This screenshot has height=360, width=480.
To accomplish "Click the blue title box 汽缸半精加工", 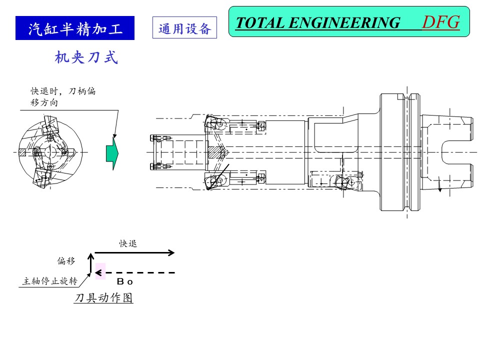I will click(x=75, y=28).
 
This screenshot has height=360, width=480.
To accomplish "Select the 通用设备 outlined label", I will click(x=184, y=28).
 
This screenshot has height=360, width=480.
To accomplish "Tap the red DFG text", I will click(x=440, y=22).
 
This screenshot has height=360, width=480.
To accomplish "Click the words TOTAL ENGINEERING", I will click(x=317, y=23).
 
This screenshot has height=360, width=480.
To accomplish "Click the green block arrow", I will click(x=113, y=152).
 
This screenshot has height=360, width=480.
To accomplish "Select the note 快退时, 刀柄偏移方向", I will click(x=63, y=96).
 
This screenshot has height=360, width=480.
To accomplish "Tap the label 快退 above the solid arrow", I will click(x=128, y=243).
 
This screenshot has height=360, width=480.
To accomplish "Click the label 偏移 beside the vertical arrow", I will click(x=66, y=261).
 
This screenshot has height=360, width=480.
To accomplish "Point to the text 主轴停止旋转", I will click(x=49, y=281).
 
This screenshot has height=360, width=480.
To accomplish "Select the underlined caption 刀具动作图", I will click(x=104, y=298).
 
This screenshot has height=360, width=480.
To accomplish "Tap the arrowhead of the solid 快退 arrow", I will click(x=171, y=252).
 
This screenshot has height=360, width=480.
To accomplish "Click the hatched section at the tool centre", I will click(x=216, y=152).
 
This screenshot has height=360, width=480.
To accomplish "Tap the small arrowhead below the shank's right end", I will click(x=439, y=189).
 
